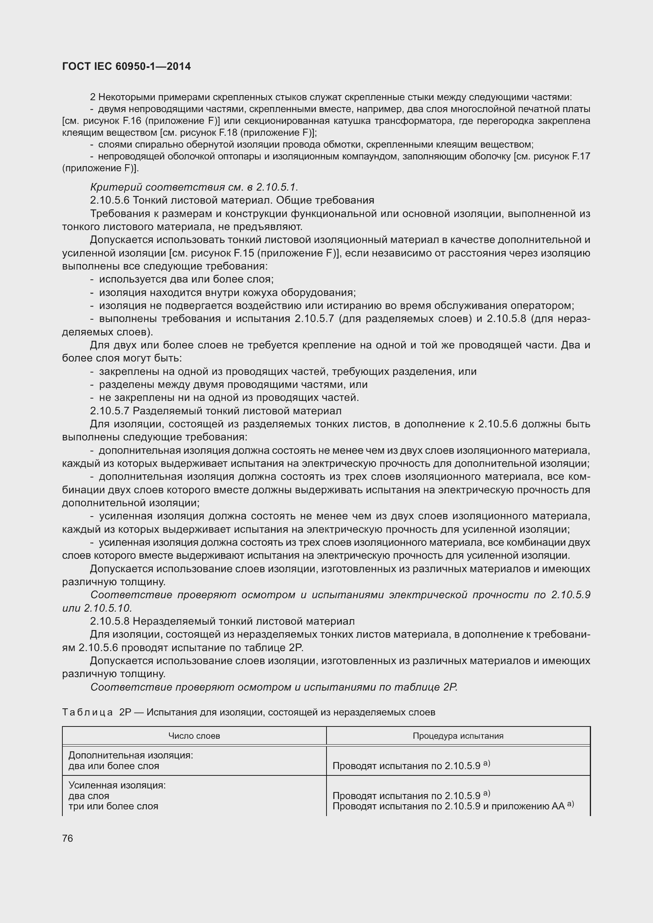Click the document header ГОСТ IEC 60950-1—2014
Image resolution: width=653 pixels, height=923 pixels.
tap(126, 66)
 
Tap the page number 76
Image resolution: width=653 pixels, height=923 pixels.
tap(68, 838)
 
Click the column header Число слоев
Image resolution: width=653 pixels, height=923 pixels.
tap(194, 736)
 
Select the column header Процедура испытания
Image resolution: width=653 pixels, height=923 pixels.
tap(458, 736)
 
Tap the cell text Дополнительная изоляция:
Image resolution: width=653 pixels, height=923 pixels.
tap(131, 755)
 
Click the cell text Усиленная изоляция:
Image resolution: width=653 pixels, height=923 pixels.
tap(117, 785)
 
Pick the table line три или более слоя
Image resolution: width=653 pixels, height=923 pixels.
tap(113, 807)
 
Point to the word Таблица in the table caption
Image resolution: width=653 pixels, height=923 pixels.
tap(87, 712)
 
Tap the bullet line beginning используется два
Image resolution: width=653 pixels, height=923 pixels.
tap(186, 279)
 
